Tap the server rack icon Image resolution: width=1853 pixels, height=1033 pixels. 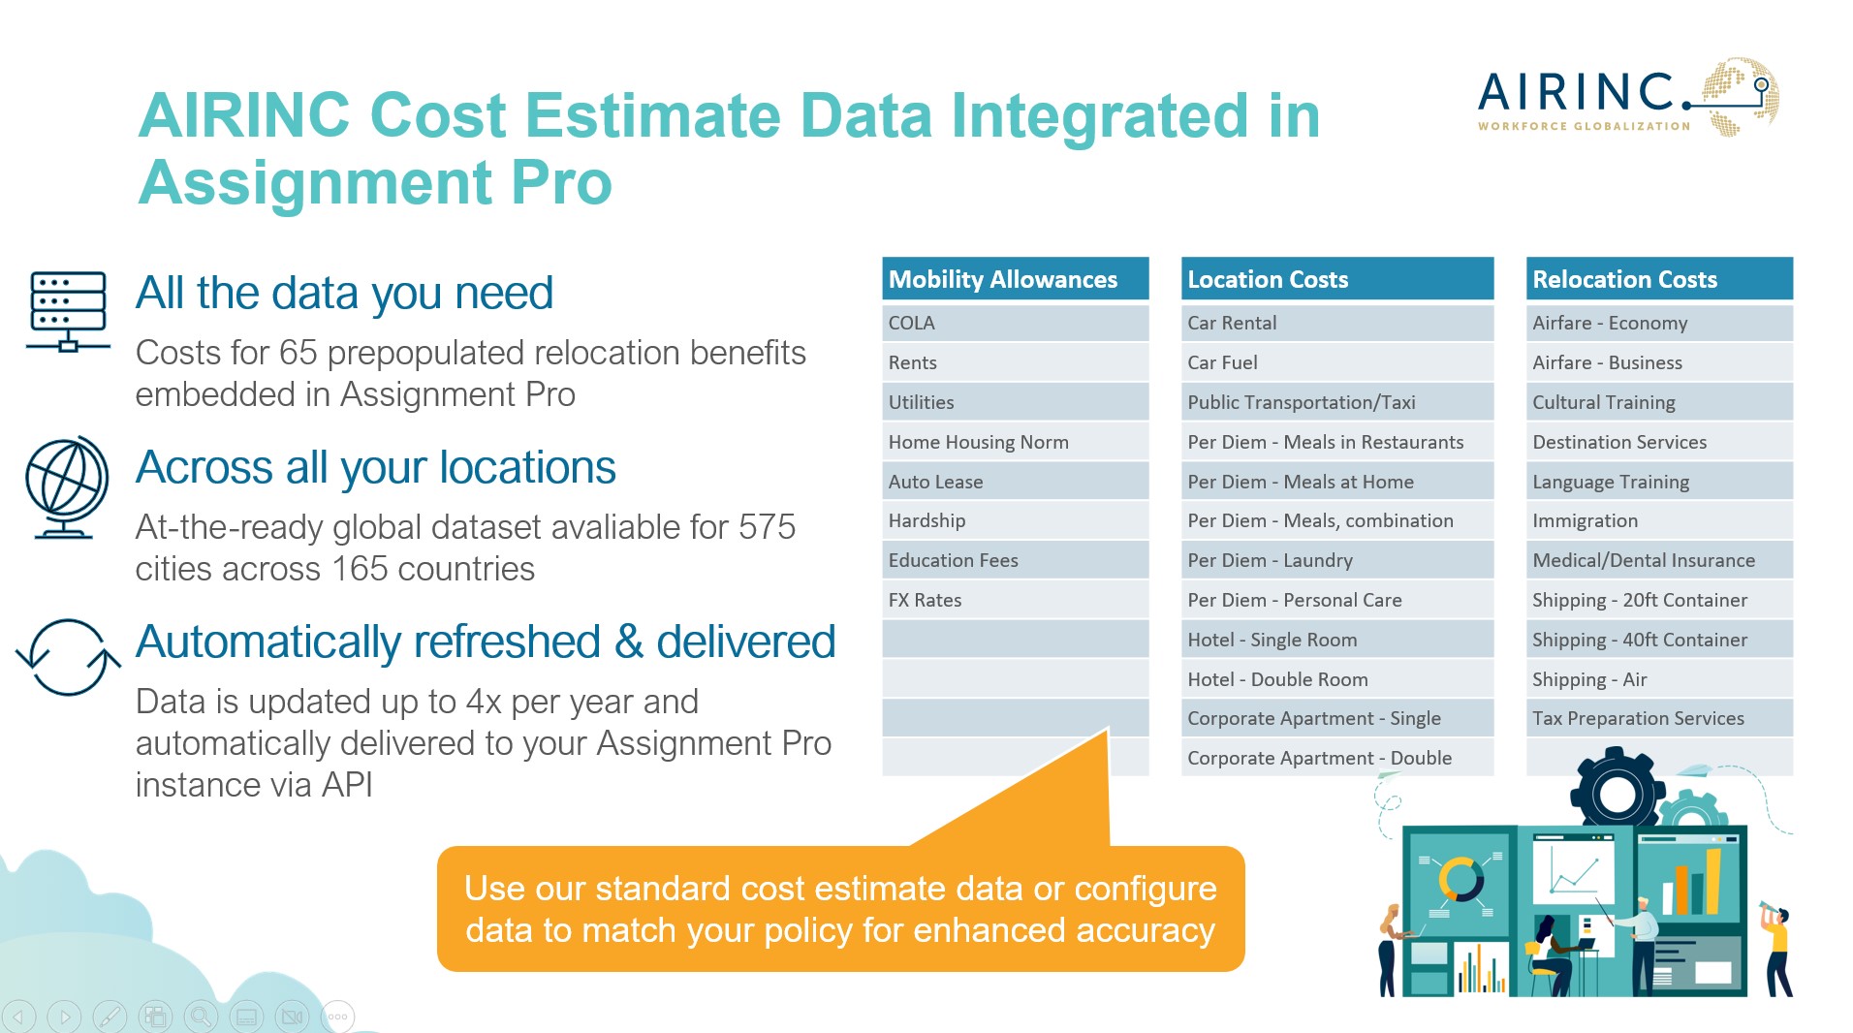[68, 311]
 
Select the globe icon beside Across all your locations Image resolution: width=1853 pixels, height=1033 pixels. [67, 486]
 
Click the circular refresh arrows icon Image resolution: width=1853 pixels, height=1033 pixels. [68, 657]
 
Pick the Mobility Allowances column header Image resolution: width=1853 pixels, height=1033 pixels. [1015, 279]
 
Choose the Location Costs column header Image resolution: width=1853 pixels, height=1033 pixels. [1336, 279]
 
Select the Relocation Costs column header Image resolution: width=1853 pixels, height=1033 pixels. [1659, 279]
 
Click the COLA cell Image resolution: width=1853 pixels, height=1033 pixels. [1015, 323]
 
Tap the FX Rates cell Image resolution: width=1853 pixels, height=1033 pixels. [1015, 600]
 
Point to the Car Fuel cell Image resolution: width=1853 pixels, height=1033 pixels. [1336, 362]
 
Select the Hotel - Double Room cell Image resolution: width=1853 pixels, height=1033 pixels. [1336, 679]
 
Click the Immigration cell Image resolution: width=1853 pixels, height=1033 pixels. [1659, 520]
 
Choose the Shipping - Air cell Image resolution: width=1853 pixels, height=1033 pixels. [1659, 679]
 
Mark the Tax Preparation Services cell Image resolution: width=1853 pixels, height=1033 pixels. [1659, 718]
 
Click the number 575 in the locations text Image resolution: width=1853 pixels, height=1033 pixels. [767, 527]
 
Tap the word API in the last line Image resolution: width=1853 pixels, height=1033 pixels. [347, 785]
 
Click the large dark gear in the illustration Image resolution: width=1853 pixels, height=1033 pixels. [1617, 793]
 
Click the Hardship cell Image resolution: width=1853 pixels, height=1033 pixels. [1015, 520]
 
